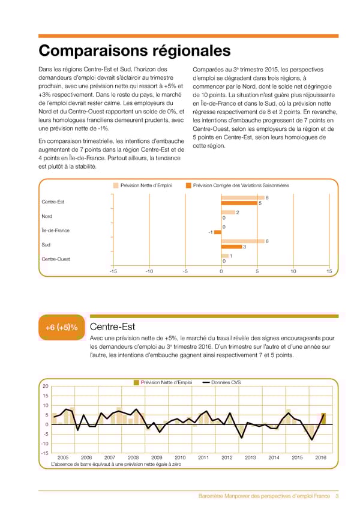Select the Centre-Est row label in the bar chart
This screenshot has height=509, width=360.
[x=53, y=202]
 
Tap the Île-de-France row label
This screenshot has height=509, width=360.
[x=56, y=230]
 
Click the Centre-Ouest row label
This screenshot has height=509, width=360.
[x=56, y=259]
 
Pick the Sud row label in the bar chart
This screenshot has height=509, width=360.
[x=46, y=244]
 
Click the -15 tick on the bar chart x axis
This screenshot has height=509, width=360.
[x=113, y=271]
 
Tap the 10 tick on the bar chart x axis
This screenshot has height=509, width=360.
[x=293, y=271]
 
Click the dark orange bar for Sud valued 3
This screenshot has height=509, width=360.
[x=232, y=247]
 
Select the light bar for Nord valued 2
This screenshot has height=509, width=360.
[x=228, y=212]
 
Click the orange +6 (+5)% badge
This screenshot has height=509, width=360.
[x=62, y=328]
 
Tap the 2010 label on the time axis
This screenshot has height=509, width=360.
[x=179, y=457]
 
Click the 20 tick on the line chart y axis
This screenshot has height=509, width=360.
[x=45, y=387]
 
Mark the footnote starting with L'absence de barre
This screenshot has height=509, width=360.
[x=116, y=465]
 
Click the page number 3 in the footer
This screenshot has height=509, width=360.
[x=337, y=496]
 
